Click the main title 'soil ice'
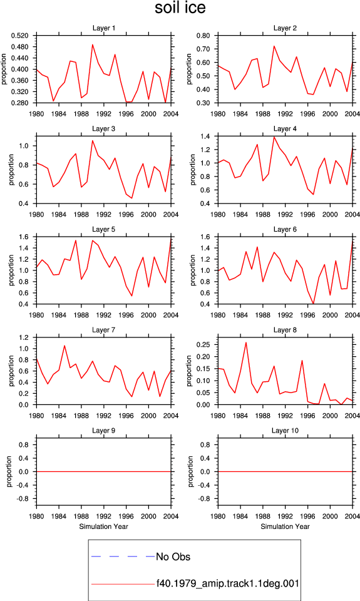[180, 8]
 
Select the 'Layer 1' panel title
[103, 28]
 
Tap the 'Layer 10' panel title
[285, 431]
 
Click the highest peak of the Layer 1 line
[93, 44]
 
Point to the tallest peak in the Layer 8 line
[246, 342]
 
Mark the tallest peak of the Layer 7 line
[64, 346]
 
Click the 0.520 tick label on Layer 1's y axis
[20, 36]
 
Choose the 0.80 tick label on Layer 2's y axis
[203, 36]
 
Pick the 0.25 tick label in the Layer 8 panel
[203, 344]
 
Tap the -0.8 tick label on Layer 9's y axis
[23, 499]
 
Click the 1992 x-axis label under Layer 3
[103, 214]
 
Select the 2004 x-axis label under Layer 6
[352, 315]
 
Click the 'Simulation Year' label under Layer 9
[103, 527]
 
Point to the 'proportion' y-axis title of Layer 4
[192, 170]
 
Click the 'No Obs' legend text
[173, 557]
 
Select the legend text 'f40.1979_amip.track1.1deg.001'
[228, 583]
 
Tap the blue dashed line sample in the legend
[123, 556]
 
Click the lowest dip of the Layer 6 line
[313, 304]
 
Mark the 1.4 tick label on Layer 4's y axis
[205, 136]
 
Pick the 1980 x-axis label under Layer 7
[36, 416]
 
